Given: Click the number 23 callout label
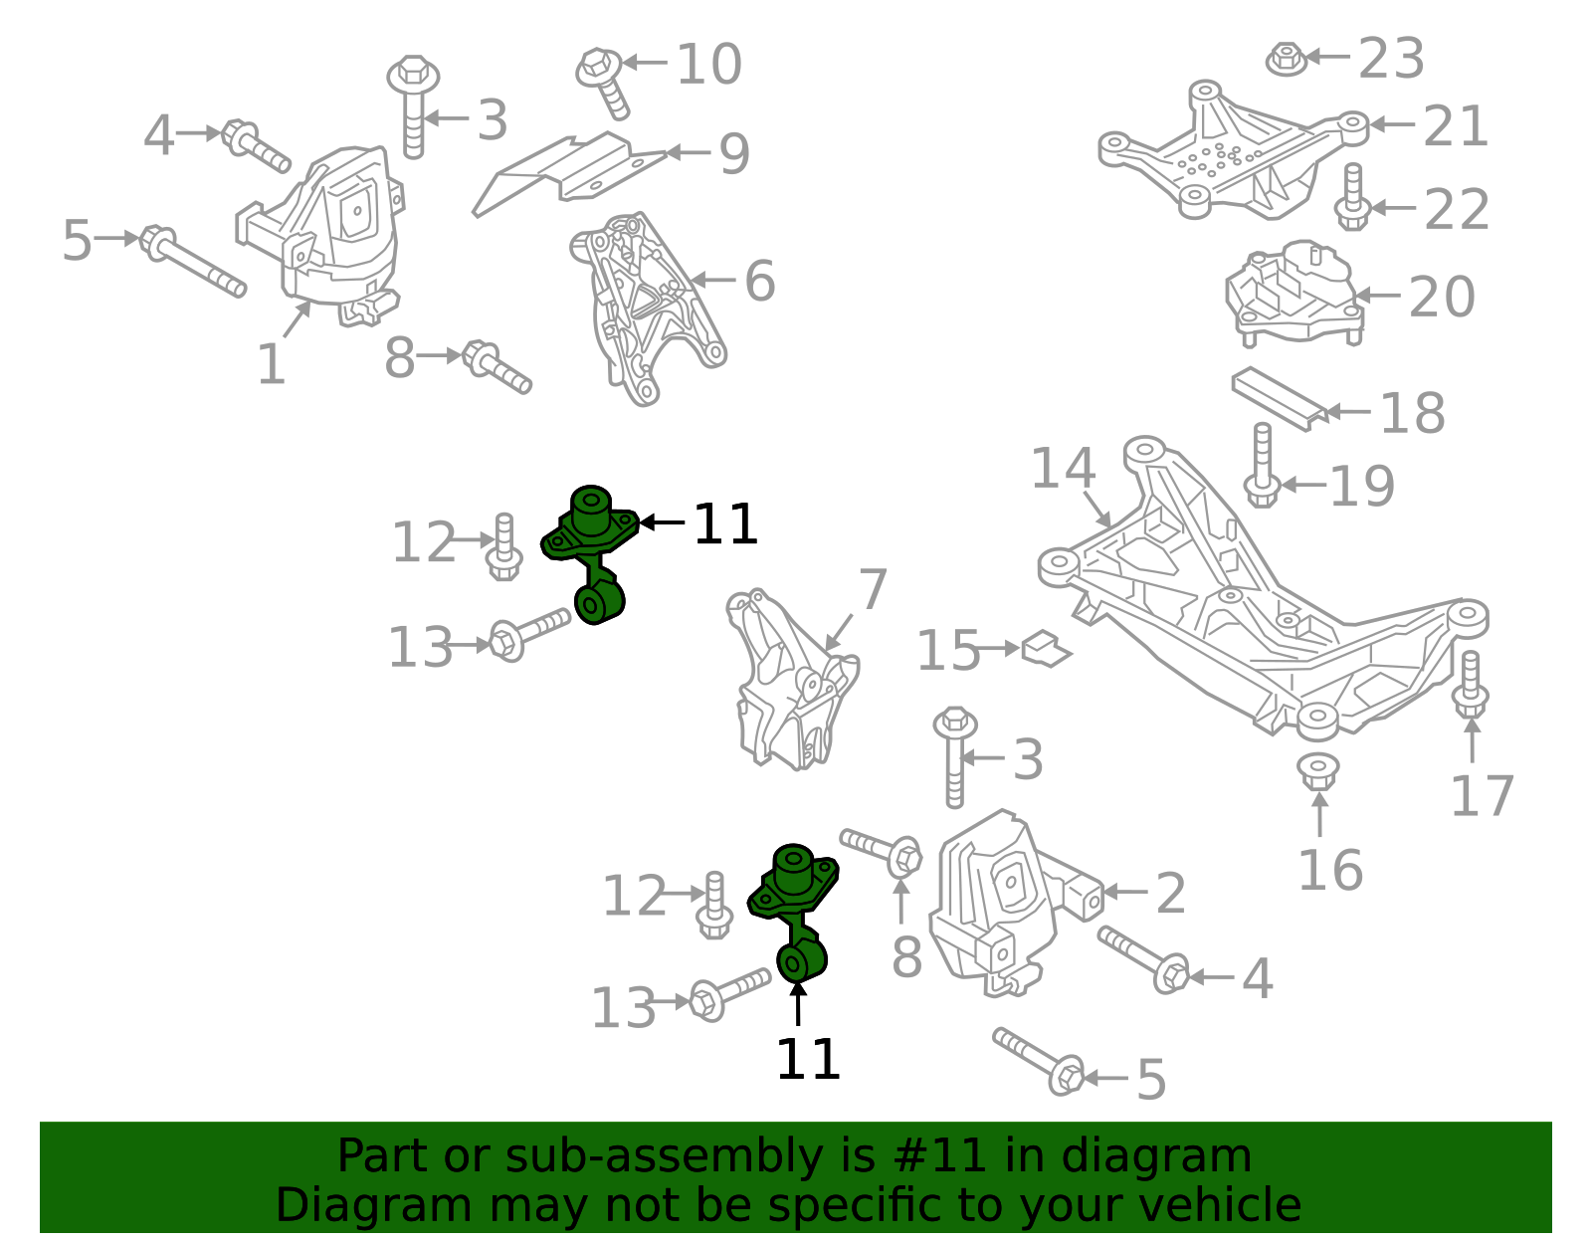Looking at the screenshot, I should point(1391,59).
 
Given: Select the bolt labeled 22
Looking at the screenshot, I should point(1352,199).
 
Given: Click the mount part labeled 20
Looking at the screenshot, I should point(1294,292).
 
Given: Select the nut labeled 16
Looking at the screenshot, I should point(1318,771).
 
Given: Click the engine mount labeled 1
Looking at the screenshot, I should point(328,229).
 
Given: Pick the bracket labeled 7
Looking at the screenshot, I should point(791,682).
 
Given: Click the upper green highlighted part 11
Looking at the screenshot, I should point(592,552).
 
